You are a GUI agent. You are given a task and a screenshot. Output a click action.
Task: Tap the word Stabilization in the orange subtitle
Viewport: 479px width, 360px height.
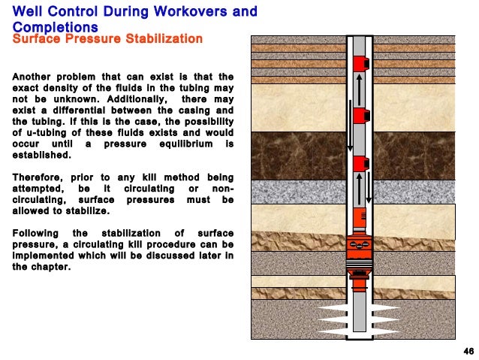click(x=164, y=38)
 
